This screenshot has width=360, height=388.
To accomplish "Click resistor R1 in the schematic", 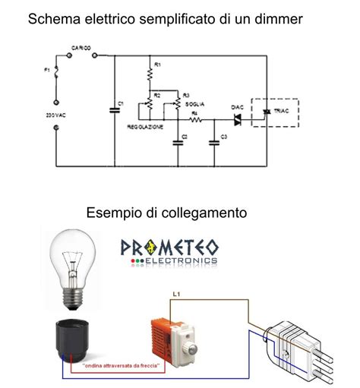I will click(150, 74).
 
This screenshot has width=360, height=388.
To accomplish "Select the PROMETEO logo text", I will click(169, 248).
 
